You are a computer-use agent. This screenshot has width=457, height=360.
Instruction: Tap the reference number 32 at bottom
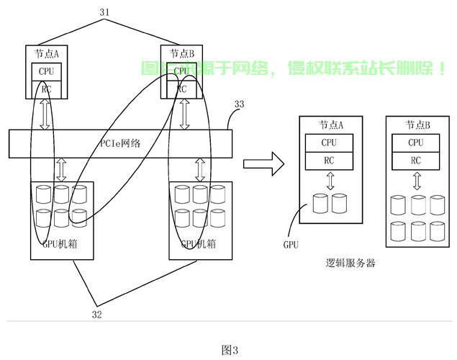pos(96,313)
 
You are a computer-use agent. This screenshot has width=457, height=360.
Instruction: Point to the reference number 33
pos(239,104)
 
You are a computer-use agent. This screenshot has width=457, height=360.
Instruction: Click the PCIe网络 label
pos(119,143)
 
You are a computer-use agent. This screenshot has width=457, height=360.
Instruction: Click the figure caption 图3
pos(229,349)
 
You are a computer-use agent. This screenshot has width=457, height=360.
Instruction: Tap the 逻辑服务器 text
pos(350,263)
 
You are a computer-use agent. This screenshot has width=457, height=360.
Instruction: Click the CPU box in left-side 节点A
pos(46,72)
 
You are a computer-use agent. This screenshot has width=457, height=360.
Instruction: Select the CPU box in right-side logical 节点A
pos(330,143)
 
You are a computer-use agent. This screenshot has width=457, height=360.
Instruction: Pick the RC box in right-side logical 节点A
pos(330,161)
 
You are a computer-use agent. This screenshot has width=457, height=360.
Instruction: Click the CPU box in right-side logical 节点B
pos(416,143)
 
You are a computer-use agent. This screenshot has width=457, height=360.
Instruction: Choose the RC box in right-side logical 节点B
pos(416,161)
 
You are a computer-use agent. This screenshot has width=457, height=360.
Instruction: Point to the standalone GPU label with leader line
pos(291,245)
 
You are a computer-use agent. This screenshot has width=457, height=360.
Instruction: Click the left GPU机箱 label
pos(60,243)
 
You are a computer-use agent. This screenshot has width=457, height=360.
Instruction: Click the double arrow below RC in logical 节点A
pos(330,181)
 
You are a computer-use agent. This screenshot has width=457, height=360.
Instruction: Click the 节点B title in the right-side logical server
pos(417,125)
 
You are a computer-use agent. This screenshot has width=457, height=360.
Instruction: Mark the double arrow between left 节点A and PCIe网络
pos(46,114)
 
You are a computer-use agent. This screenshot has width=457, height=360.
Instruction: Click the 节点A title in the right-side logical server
pos(330,125)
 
